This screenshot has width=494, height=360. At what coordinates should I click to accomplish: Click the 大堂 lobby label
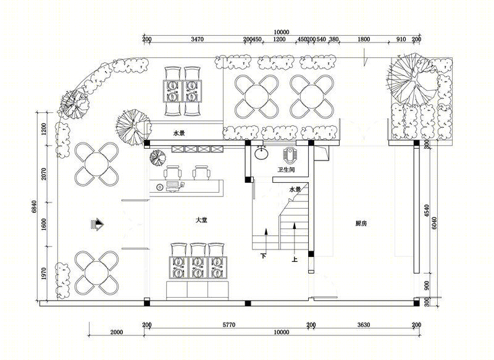[x=201, y=220]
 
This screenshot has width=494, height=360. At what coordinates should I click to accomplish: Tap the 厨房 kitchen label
[x=361, y=224]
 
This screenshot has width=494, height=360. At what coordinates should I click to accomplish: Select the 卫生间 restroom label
[x=286, y=170]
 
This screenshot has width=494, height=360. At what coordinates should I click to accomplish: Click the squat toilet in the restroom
[x=288, y=154]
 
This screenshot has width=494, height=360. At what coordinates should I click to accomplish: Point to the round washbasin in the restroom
[x=261, y=154]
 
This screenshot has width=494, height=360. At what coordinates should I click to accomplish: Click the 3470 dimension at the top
[x=197, y=40]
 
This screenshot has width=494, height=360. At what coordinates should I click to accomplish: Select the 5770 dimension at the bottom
[x=228, y=325]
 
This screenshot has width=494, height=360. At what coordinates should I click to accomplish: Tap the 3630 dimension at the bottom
[x=364, y=325]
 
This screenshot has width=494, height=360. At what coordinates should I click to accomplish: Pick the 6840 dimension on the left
[x=35, y=207]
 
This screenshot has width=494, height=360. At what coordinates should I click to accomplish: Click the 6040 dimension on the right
[x=434, y=223]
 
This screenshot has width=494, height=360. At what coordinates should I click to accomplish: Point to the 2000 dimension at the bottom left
[x=117, y=332]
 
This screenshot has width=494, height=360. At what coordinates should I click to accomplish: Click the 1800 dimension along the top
[x=364, y=40]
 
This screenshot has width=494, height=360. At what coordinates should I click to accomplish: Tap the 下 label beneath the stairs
[x=264, y=256]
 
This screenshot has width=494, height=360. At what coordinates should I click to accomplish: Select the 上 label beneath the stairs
[x=295, y=259]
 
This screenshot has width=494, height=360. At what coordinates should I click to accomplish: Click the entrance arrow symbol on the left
[x=98, y=225]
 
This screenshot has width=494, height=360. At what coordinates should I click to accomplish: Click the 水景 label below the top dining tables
[x=179, y=133]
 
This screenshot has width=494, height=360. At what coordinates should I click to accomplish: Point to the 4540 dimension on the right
[x=427, y=211]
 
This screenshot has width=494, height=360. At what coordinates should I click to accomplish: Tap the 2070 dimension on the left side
[x=44, y=174]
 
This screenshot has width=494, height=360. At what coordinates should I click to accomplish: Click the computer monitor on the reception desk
[x=172, y=184]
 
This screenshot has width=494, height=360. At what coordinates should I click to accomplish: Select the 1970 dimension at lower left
[x=44, y=274]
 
